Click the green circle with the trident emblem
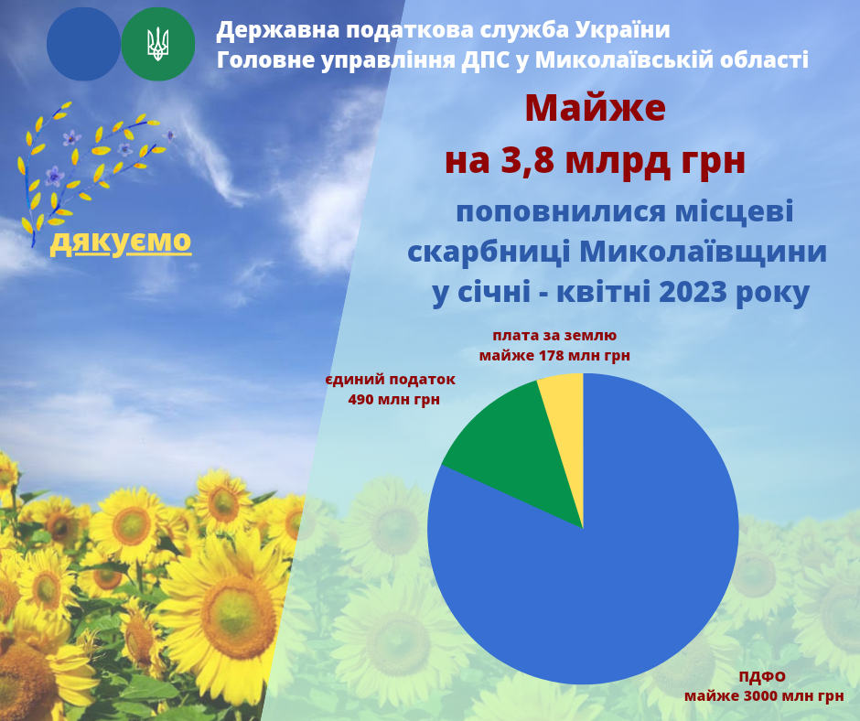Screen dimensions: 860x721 [x=158, y=44]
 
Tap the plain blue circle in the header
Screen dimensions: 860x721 [x=83, y=44]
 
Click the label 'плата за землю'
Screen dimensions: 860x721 [x=554, y=335]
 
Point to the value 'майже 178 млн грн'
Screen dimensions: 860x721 [x=554, y=356]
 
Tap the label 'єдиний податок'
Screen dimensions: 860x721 [x=391, y=380]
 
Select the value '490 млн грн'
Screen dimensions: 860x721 [x=393, y=400]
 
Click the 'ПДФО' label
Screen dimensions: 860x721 [x=762, y=676]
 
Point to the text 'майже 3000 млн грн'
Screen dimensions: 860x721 [x=764, y=696]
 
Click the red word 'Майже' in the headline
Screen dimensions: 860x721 [x=595, y=109]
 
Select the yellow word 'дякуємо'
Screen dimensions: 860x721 [x=121, y=242]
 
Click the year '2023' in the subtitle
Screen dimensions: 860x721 [x=693, y=292]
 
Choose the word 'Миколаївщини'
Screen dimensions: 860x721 [x=703, y=252]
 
